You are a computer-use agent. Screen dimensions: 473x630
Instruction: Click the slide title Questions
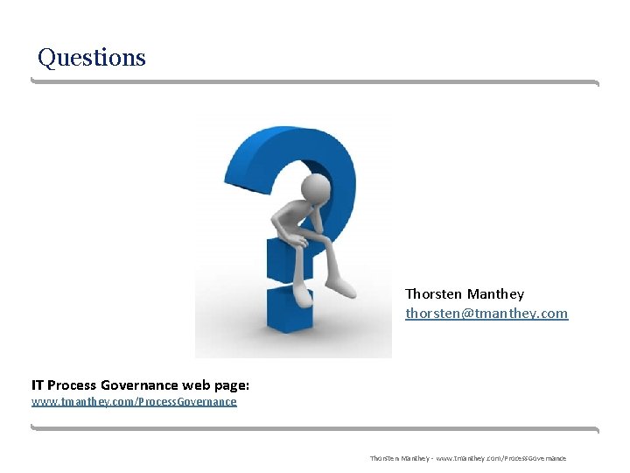click(x=92, y=58)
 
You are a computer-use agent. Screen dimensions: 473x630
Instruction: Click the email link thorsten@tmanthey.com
click(x=486, y=313)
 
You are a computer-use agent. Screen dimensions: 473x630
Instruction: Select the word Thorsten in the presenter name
click(x=432, y=293)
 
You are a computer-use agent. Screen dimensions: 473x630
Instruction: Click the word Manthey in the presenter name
click(x=495, y=293)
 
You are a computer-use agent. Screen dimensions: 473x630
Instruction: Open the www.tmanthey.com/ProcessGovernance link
click(x=134, y=402)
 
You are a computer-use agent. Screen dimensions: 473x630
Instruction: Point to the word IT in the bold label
click(x=37, y=385)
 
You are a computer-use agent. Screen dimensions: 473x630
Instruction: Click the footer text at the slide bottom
click(x=467, y=458)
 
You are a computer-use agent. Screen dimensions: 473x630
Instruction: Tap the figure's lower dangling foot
click(x=302, y=296)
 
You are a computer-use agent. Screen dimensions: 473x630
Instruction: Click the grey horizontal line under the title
click(x=315, y=81)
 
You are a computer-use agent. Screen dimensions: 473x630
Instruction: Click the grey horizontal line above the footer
click(x=315, y=427)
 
